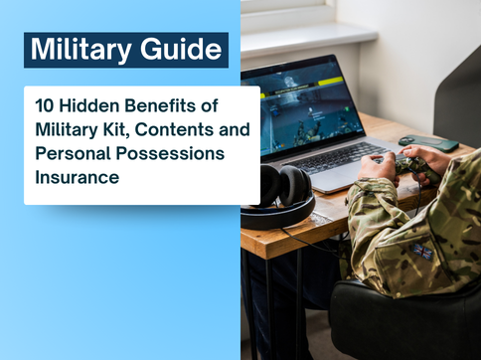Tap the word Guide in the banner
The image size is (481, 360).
pos(182,49)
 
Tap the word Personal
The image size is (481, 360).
pos(76,154)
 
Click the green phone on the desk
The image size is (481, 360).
pos(428,142)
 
